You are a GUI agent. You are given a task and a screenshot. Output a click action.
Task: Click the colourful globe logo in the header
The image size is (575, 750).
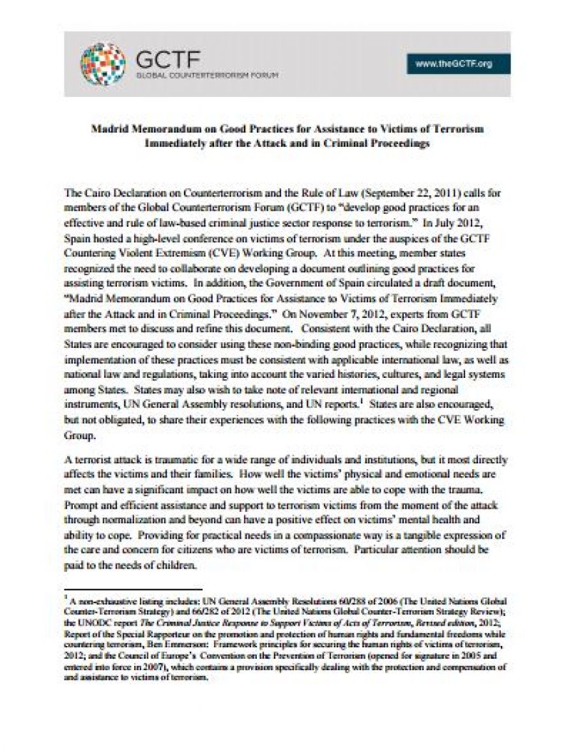pos(102,64)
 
